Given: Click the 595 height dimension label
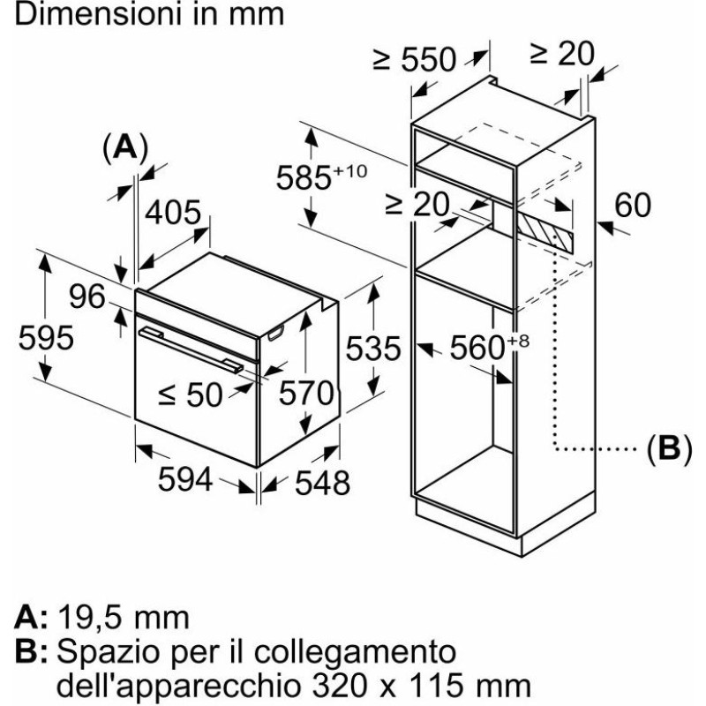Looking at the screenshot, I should tap(45, 338).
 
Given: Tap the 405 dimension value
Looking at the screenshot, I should tap(174, 213).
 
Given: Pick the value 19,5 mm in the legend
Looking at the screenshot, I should tap(123, 617).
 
